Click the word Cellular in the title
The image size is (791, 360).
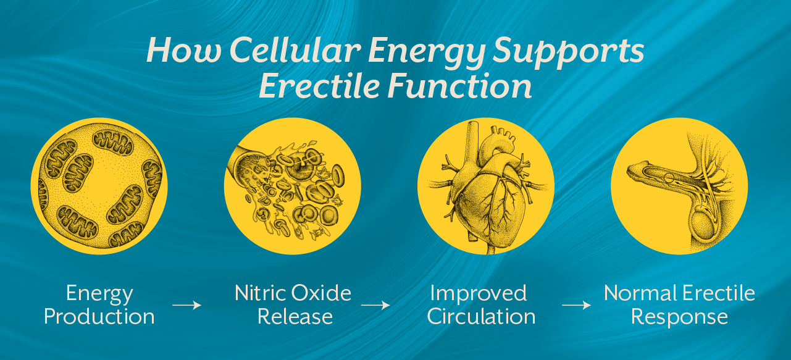[x=263, y=51]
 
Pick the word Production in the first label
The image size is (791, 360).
[x=99, y=317]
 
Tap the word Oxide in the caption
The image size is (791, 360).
[x=322, y=293]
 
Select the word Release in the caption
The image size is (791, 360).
[x=295, y=317]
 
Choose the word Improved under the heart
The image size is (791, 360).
[x=479, y=293]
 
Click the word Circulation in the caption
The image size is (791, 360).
[x=481, y=317]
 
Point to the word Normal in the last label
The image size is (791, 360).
[x=638, y=293]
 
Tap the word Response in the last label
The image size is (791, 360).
[x=679, y=317]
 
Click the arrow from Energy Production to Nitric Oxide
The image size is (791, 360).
[x=186, y=305]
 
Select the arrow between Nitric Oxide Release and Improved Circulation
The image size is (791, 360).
[x=375, y=305]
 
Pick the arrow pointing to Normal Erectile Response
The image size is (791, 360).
[x=577, y=305]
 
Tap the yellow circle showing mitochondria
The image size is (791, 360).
[x=99, y=185]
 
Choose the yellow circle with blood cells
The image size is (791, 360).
[x=292, y=185]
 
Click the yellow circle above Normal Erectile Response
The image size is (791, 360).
[x=679, y=185]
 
